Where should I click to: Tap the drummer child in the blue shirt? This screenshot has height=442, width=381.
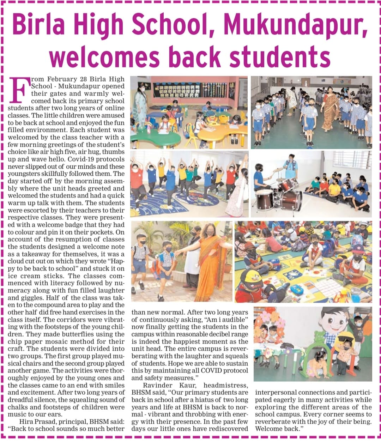click(x=260, y=176)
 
